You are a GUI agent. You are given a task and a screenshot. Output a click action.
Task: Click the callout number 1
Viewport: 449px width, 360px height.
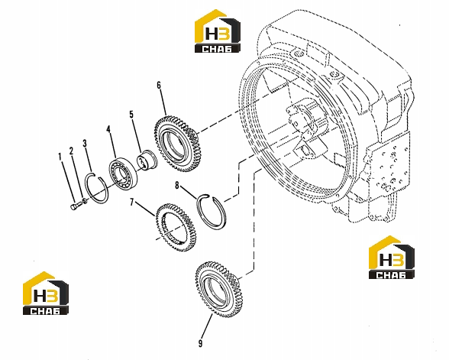[60, 157]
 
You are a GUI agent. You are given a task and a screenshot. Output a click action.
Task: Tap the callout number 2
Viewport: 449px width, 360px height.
[71, 151]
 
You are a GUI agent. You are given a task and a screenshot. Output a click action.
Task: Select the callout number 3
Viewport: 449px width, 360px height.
[85, 144]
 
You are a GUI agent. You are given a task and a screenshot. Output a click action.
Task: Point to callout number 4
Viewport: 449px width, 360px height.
[108, 129]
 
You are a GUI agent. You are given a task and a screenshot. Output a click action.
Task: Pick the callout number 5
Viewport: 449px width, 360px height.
[131, 115]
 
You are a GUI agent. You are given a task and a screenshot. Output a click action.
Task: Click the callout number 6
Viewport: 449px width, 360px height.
[159, 86]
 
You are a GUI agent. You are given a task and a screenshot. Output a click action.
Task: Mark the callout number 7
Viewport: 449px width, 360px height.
[131, 203]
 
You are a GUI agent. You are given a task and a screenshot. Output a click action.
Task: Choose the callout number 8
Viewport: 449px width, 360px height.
[177, 186]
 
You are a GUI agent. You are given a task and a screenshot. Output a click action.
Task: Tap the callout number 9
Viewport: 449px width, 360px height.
[200, 343]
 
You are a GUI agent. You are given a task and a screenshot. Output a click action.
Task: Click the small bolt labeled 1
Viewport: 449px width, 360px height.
[74, 206]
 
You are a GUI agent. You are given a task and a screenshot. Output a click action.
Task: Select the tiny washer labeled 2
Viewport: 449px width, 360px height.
[85, 201]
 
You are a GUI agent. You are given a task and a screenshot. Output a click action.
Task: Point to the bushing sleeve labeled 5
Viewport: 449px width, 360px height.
[147, 161]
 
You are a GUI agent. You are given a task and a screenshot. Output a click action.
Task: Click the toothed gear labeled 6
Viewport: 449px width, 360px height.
[176, 144]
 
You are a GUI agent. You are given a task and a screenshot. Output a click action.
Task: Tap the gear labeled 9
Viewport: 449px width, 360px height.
[219, 290]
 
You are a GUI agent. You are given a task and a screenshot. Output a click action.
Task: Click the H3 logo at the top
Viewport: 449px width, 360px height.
[218, 31]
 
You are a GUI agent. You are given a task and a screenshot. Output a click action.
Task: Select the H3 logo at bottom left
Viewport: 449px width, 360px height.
[46, 294]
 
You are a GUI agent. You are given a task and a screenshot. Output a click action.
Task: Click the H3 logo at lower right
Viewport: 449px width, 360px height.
[392, 257]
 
